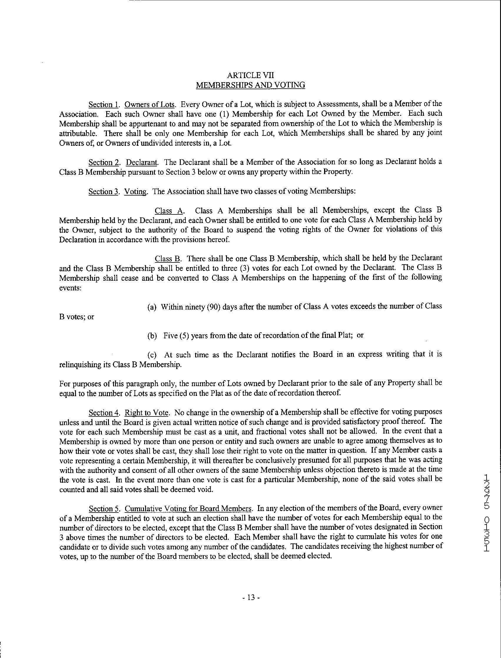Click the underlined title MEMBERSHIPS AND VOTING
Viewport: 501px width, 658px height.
coord(250,85)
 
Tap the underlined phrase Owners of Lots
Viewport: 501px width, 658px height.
coord(149,105)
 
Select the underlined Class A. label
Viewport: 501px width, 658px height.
coord(169,211)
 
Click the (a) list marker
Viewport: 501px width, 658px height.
coord(152,307)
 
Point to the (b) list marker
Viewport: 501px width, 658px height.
coord(152,336)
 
